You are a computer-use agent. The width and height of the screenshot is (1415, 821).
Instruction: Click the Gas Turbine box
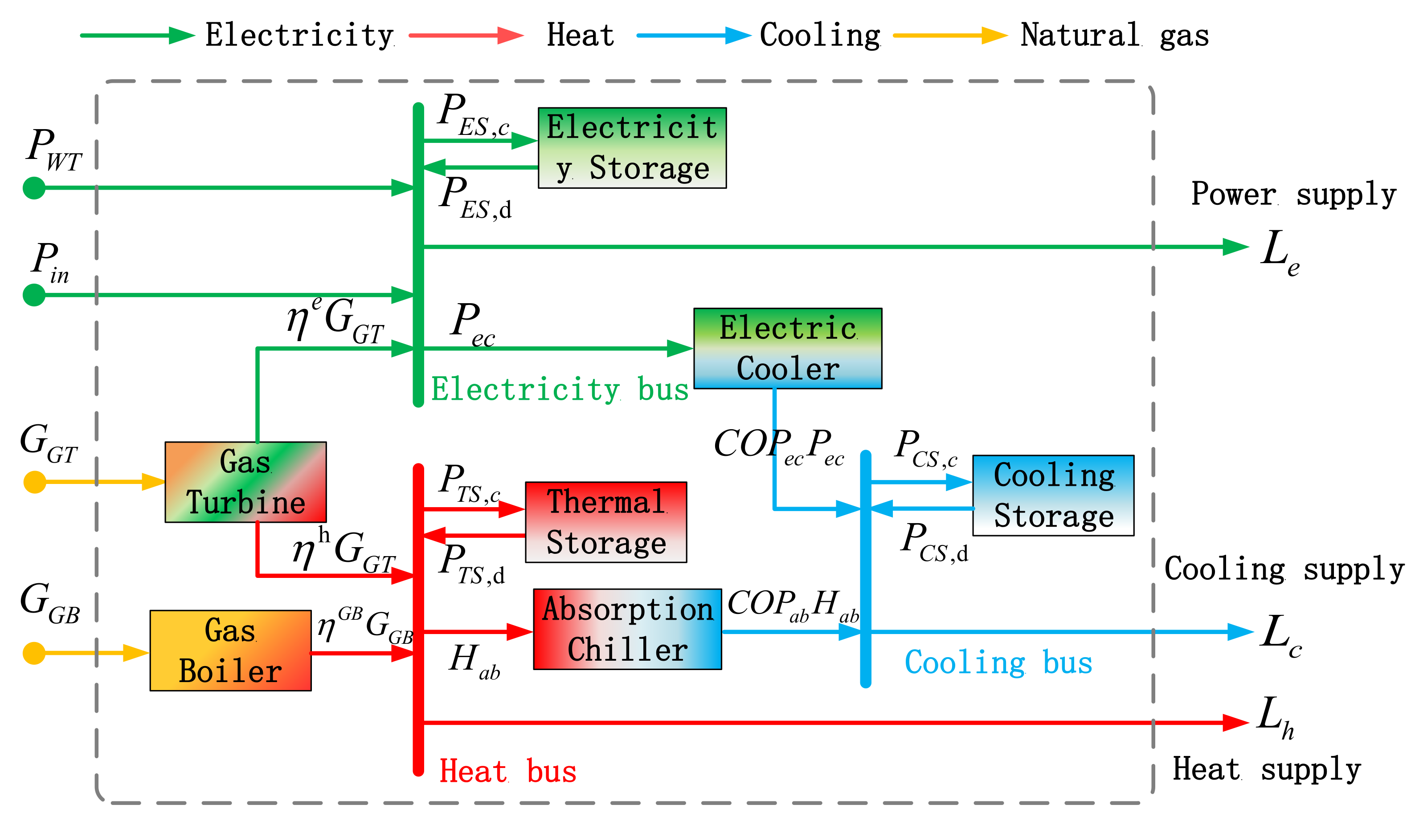click(245, 482)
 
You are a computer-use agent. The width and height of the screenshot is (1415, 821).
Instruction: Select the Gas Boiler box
click(230, 650)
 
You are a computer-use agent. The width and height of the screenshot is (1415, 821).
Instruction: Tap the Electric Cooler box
click(788, 349)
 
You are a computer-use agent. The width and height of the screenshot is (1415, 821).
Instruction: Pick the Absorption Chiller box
click(627, 629)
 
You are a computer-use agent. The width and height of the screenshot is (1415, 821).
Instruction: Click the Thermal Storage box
click(606, 522)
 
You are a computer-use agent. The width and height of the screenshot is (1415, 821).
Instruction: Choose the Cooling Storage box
click(1053, 496)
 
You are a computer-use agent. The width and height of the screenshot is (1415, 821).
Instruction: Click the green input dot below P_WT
click(34, 188)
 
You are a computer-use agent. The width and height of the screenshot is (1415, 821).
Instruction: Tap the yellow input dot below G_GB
click(34, 653)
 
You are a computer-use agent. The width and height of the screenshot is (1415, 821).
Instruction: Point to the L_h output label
click(1276, 718)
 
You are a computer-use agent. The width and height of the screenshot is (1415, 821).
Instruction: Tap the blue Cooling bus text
click(998, 663)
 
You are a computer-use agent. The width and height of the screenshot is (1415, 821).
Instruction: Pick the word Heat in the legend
click(581, 35)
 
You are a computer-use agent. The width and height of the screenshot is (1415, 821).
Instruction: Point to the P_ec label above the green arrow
click(473, 324)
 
